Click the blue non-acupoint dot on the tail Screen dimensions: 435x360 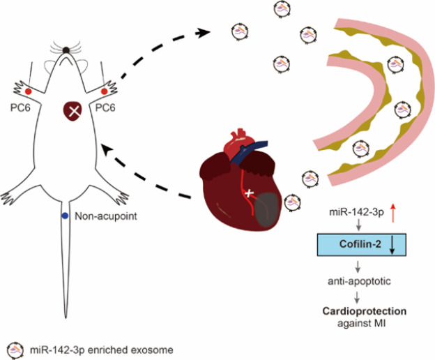point(65,216)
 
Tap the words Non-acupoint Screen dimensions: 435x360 point(106,216)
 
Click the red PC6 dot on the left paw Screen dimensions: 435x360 point(28,91)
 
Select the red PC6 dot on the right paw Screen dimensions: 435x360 point(105,91)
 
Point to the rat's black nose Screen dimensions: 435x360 point(66,50)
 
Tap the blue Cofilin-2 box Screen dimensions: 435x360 point(362,244)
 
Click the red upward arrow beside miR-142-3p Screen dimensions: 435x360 point(392,213)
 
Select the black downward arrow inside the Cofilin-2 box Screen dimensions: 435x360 point(392,245)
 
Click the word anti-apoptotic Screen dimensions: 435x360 point(359,281)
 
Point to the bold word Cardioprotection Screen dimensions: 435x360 point(365,311)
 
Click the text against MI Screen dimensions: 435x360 point(362,323)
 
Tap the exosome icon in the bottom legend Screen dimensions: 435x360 point(15,350)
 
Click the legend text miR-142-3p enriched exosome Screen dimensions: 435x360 point(102,350)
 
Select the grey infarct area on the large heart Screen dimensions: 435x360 point(268,210)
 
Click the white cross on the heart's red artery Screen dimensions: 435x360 point(249,193)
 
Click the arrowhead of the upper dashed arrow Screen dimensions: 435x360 point(203,33)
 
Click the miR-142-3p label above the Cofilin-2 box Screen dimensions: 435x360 point(356,213)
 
